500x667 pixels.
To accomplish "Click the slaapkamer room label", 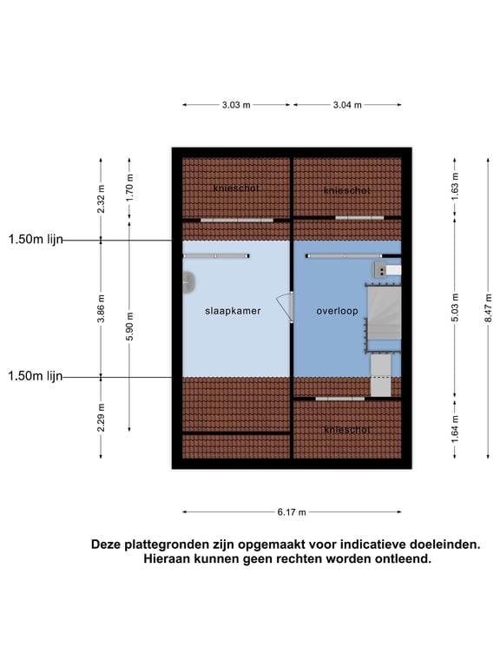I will (233, 310).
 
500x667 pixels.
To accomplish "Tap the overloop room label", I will (336, 310).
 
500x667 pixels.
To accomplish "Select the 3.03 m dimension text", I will (235, 105).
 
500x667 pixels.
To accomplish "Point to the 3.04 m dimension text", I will (346, 105).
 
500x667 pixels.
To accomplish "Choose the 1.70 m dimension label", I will (129, 188).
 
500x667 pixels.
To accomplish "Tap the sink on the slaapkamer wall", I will (187, 281).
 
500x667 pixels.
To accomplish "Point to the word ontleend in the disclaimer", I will (400, 559).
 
